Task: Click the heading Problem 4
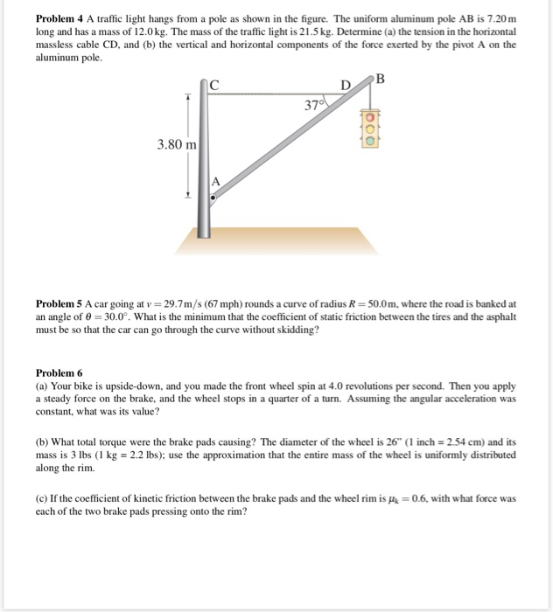tap(59, 19)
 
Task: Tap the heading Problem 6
tap(59, 371)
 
